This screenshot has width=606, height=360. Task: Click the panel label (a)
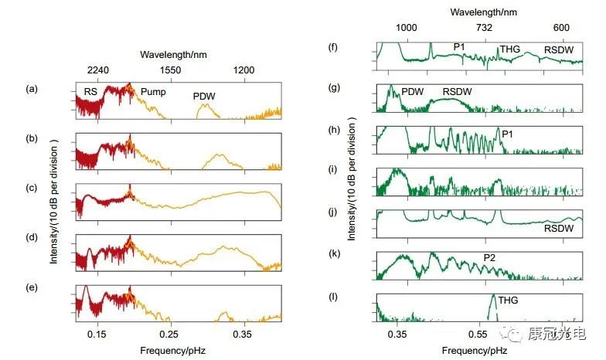click(32, 89)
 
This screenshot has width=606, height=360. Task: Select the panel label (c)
click(32, 188)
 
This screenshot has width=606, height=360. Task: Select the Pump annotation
click(152, 92)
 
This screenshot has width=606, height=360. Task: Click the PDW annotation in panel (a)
click(204, 97)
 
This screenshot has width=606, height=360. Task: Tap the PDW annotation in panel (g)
click(414, 92)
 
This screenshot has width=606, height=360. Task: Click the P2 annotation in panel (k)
click(490, 257)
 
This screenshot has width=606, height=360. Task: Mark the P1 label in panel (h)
click(508, 134)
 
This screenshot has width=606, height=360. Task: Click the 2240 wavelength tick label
click(97, 70)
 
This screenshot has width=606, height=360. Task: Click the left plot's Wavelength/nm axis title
click(174, 54)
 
